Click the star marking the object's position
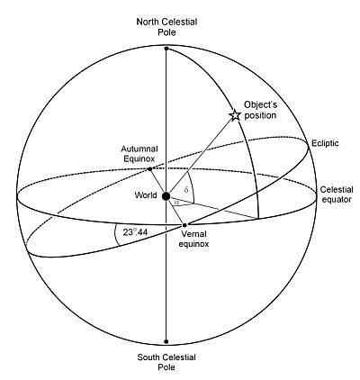[x=235, y=115]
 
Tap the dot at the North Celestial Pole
[x=166, y=48]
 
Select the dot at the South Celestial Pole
[x=166, y=341]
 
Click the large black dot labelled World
[x=166, y=196]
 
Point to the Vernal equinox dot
[x=184, y=225]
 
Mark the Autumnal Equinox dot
[x=149, y=169]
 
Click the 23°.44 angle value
[x=135, y=232]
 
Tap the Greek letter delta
[x=186, y=190]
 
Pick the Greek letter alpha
[x=176, y=203]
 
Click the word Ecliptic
[x=325, y=143]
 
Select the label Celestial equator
[x=337, y=195]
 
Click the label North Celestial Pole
[x=166, y=27]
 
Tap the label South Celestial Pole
[x=166, y=362]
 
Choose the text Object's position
[x=260, y=110]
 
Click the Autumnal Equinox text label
[x=139, y=154]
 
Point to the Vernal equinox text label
[x=193, y=239]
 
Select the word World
[x=146, y=195]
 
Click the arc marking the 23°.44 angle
[x=116, y=236]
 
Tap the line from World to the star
[x=201, y=156]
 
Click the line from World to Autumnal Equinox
[x=157, y=183]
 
